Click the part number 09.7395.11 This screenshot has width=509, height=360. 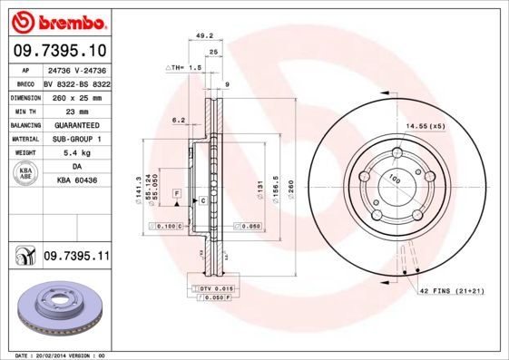point(76,258)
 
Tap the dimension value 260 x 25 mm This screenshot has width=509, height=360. point(73,95)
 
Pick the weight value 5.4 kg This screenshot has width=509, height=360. point(73,153)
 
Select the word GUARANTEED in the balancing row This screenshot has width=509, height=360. point(73,124)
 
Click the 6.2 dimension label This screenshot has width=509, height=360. point(178,119)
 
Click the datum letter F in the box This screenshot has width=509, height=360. point(177,195)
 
